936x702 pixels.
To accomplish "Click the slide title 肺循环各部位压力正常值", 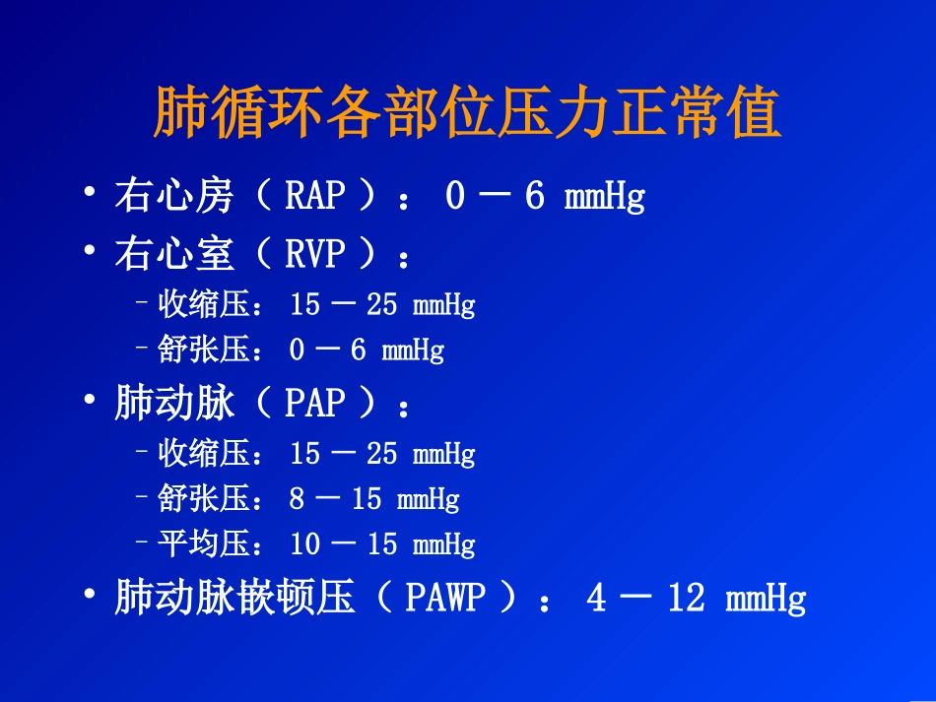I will [x=467, y=115].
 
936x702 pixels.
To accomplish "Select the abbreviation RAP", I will [x=314, y=197].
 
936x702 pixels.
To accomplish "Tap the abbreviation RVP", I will [x=314, y=256].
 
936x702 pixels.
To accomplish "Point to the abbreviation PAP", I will [x=314, y=404].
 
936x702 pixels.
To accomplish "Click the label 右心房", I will [x=174, y=197].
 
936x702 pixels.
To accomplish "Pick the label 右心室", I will [x=174, y=256].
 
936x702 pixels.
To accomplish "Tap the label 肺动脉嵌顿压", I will [x=234, y=599].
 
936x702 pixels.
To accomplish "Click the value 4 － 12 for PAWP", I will [x=645, y=599].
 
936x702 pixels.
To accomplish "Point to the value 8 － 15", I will [x=335, y=499].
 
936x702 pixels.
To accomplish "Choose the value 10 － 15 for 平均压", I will [x=343, y=543].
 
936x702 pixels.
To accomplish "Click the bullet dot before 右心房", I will [x=91, y=196].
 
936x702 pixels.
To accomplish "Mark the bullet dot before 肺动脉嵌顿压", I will [x=91, y=597].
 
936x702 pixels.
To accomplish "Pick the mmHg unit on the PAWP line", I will [x=766, y=600].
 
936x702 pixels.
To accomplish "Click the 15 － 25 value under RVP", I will [x=343, y=305].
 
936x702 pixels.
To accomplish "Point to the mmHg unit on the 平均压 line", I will [x=443, y=544].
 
